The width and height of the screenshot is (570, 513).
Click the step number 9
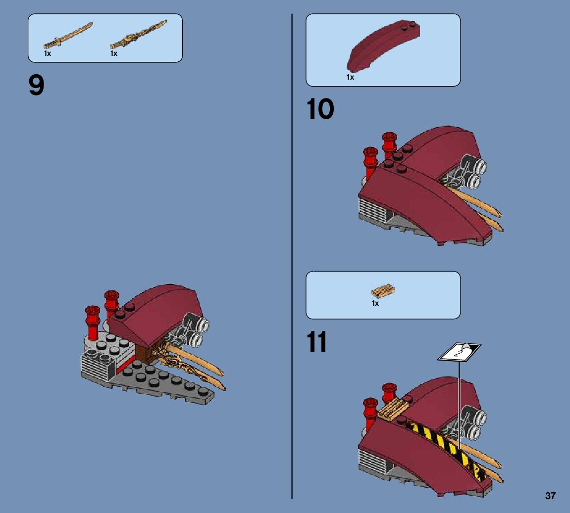click(37, 86)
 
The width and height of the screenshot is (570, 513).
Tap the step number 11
click(317, 342)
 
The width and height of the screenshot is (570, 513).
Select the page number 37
click(550, 496)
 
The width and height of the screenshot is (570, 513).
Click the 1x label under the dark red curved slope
click(350, 77)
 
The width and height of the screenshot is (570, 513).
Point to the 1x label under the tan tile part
click(375, 303)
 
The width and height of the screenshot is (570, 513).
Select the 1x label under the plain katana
click(48, 53)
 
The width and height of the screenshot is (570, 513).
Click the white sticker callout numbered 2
click(459, 352)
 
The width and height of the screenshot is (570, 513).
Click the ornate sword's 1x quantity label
click(114, 53)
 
